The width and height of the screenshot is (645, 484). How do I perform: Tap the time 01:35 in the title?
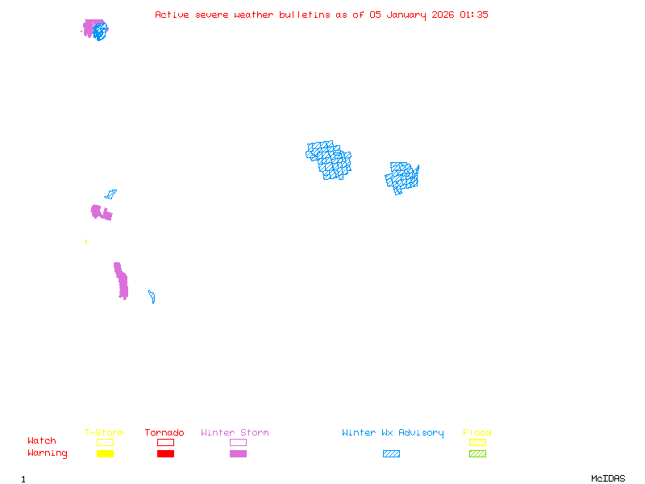[x=473, y=15]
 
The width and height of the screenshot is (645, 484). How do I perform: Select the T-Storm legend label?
[x=104, y=433]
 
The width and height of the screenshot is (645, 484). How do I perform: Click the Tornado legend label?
[x=164, y=433]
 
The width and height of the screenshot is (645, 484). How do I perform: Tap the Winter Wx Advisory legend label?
[x=393, y=433]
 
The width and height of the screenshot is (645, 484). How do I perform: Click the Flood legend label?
[x=477, y=433]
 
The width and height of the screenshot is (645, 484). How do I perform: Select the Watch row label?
[x=42, y=441]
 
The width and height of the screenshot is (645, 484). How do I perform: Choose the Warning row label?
[x=48, y=453]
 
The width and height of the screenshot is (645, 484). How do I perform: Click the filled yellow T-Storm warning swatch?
[x=105, y=454]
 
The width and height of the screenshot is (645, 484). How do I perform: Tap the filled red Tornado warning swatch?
[x=165, y=454]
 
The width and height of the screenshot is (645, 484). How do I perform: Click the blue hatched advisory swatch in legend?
[x=391, y=454]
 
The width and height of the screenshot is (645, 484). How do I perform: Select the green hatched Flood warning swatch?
[x=477, y=454]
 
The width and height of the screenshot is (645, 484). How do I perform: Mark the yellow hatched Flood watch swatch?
[x=477, y=442]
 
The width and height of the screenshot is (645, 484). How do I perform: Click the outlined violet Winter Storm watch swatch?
[x=238, y=442]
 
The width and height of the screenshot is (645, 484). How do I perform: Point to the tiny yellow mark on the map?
[x=86, y=241]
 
